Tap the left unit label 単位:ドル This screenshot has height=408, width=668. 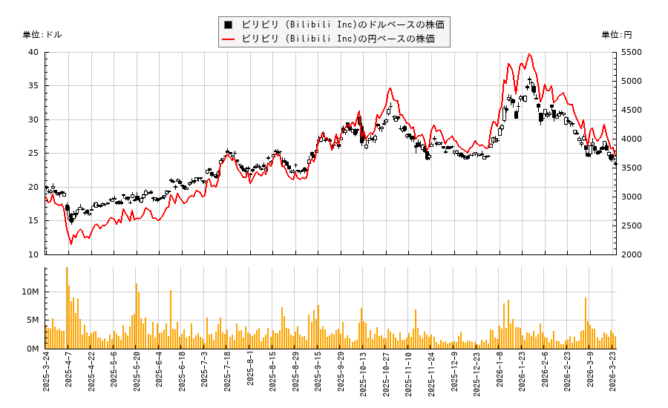[x=42, y=35]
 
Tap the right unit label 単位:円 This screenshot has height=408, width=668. [x=617, y=35]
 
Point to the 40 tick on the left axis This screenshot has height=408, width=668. [x=34, y=52]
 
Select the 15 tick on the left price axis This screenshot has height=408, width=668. [x=34, y=220]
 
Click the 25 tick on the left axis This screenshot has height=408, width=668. [x=34, y=153]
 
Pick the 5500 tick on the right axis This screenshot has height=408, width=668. [x=632, y=52]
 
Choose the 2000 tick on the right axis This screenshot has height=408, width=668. [x=632, y=254]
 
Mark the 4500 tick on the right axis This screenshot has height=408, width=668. [x=632, y=110]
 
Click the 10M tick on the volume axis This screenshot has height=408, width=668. [x=30, y=292]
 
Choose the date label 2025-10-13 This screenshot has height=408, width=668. [x=363, y=376]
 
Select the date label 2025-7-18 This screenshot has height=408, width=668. [x=227, y=376]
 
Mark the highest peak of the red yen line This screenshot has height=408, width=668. [x=529, y=54]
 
